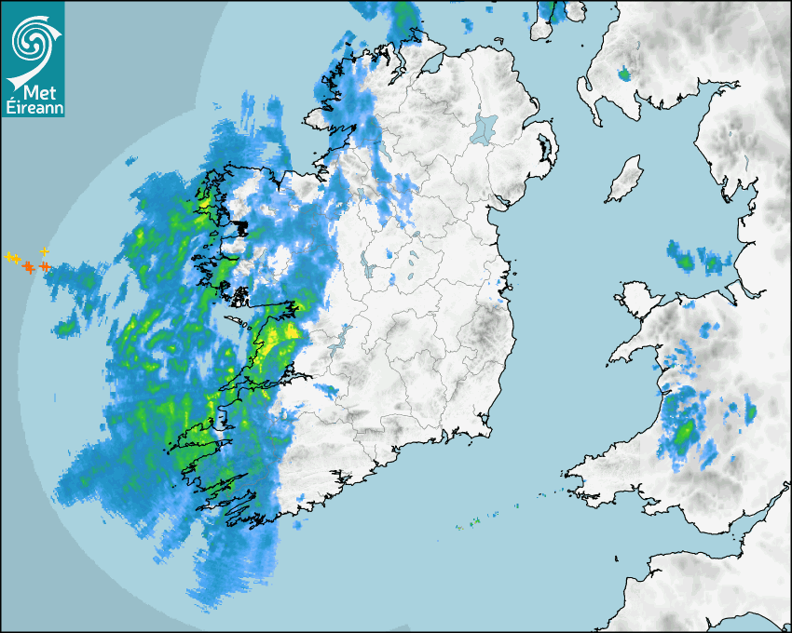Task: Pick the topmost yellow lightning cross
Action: [x=45, y=251]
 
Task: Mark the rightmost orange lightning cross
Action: [x=44, y=267]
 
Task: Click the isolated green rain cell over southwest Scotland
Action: [x=623, y=73]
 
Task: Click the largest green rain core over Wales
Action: [x=684, y=433]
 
